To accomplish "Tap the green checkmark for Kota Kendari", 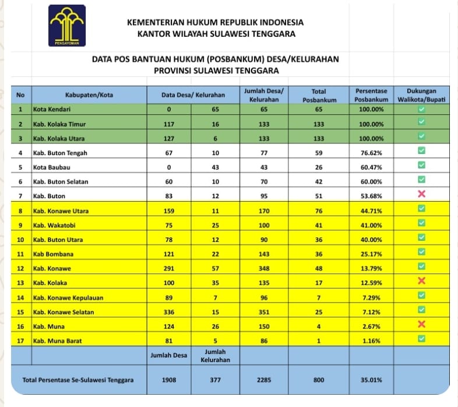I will (x=422, y=109).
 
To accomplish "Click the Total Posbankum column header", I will (x=318, y=95).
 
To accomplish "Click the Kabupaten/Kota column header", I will (x=89, y=95).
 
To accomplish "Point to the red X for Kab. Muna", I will (x=422, y=325).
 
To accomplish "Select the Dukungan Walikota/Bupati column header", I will (x=422, y=95).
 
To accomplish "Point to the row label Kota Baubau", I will (x=50, y=167).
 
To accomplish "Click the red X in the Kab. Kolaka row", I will (x=422, y=282).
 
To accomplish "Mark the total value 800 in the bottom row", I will (x=318, y=380).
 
